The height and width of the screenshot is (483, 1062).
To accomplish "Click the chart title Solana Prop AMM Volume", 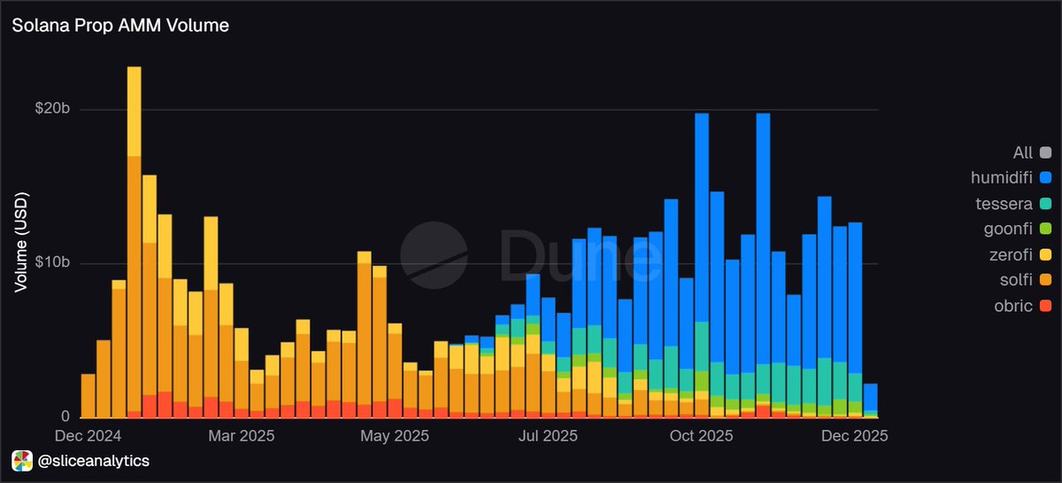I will [x=120, y=26].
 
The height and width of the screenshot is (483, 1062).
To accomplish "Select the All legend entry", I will [x=1023, y=153].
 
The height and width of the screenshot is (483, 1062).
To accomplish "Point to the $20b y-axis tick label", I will [x=53, y=110].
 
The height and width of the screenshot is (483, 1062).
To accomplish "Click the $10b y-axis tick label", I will [x=53, y=264].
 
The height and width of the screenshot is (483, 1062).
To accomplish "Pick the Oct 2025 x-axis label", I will [x=701, y=436].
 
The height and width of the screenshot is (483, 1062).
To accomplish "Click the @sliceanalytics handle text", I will [x=93, y=461].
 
